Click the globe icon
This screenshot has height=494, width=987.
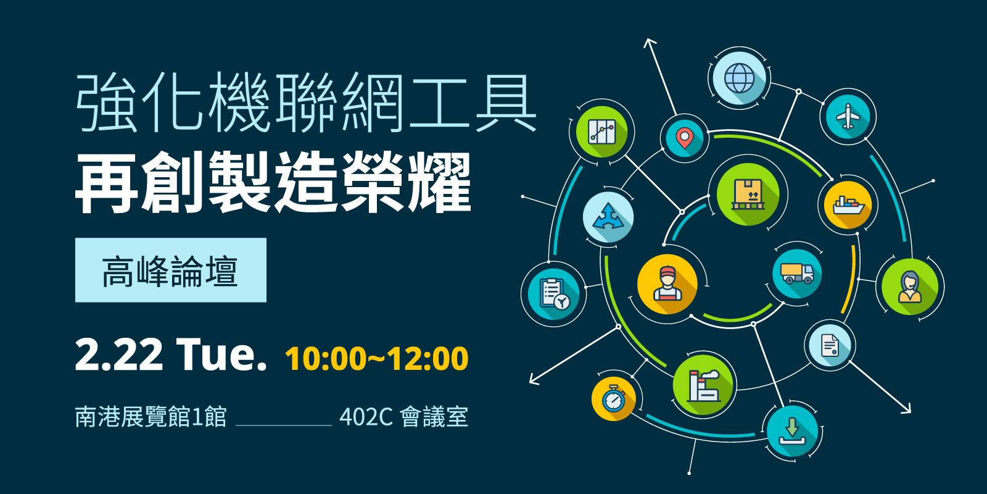740,78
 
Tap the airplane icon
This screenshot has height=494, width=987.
848,117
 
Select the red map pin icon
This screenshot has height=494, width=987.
684,138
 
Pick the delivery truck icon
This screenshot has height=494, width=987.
797,273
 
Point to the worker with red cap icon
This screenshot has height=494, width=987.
667,283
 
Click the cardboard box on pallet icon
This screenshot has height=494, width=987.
748,194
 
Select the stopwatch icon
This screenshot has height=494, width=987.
613,399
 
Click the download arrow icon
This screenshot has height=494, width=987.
792,431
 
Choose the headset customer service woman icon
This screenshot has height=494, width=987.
910,287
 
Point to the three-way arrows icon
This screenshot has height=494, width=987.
608,217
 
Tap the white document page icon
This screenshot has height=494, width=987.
830,345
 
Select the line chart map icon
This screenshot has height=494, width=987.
602,132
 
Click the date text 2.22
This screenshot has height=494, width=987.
119,355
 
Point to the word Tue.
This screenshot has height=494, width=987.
221,354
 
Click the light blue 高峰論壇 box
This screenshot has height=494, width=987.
170,270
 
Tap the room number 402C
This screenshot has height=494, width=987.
366,417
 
